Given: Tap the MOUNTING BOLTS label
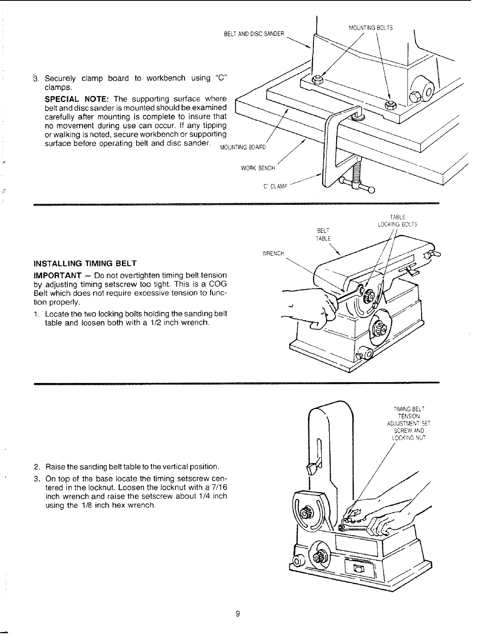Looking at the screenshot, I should coord(370,28).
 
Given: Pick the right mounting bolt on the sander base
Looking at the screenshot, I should coord(390,105).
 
